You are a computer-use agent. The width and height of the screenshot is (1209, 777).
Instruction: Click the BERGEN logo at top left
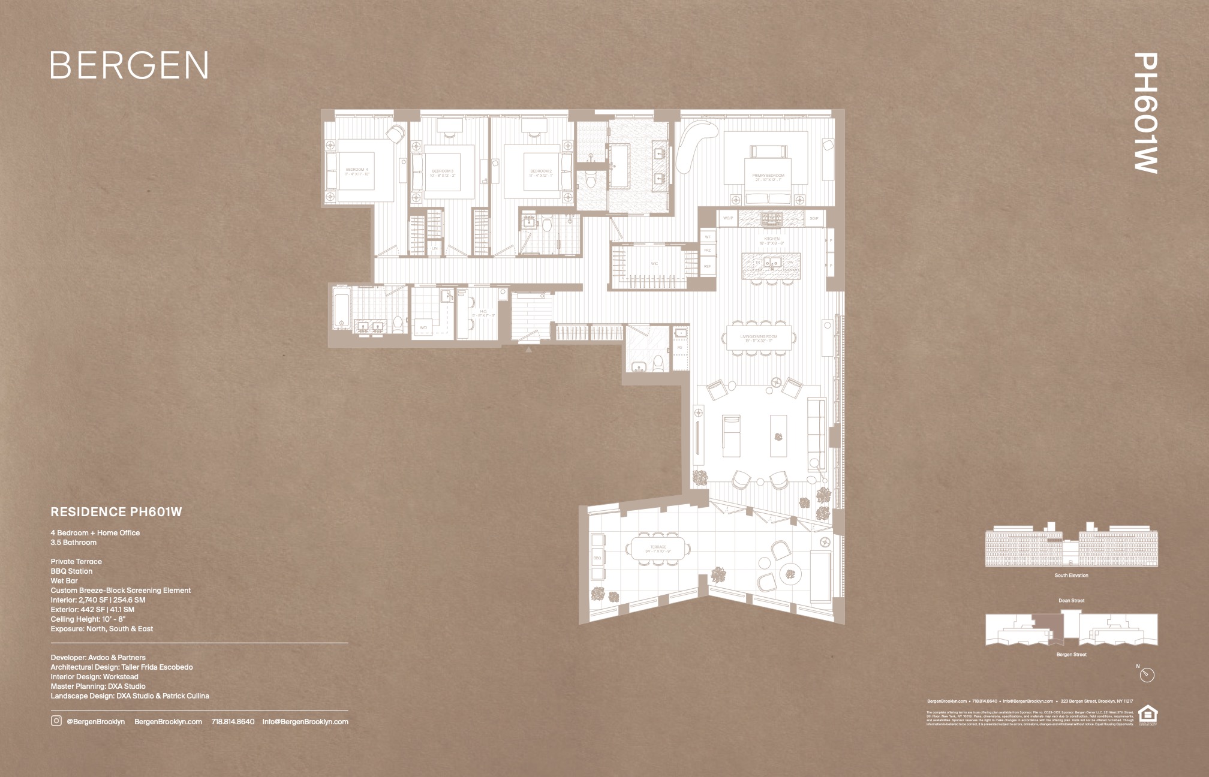(130, 65)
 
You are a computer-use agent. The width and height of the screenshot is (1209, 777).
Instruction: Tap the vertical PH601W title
(1146, 113)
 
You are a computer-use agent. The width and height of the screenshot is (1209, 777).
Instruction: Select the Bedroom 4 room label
(357, 172)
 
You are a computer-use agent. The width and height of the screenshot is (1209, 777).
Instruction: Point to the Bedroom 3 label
(443, 173)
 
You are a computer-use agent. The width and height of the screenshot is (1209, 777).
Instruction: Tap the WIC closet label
(655, 263)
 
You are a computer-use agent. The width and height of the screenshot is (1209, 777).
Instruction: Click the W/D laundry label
(423, 328)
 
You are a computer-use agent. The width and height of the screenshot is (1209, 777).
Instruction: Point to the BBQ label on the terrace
(597, 558)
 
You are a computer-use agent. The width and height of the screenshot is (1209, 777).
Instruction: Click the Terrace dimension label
(658, 549)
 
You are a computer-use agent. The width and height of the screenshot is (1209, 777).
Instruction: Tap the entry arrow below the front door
(528, 348)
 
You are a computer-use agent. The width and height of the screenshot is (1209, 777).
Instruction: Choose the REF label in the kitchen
(708, 266)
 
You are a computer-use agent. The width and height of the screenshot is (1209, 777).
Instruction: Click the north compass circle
(1147, 675)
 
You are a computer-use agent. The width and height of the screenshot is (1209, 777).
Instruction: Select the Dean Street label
(1071, 601)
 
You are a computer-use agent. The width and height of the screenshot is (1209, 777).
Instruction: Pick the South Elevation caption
(1071, 576)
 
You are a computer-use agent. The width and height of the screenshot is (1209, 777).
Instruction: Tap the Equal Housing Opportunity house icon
(1147, 713)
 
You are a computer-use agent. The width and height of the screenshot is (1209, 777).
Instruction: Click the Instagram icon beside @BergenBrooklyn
(56, 721)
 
